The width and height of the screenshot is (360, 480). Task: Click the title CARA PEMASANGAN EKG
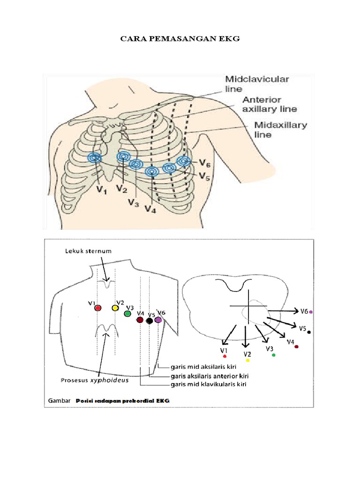click(180, 39)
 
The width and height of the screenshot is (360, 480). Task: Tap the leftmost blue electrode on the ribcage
click(95, 158)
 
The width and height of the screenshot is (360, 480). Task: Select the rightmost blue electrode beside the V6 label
click(184, 161)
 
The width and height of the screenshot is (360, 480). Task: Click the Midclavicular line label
click(257, 83)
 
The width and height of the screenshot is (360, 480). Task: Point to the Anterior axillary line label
click(270, 104)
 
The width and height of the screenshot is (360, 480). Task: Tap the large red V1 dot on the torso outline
click(97, 308)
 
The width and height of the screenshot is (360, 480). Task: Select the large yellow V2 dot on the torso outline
click(115, 308)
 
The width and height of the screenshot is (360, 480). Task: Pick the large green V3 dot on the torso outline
click(127, 314)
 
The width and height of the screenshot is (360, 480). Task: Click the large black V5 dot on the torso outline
click(149, 321)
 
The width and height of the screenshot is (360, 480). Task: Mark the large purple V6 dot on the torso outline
click(158, 320)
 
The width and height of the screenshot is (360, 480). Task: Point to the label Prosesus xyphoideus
click(94, 381)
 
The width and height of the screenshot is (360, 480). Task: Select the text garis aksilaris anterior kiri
click(209, 375)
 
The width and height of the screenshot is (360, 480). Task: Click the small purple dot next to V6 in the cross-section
click(311, 312)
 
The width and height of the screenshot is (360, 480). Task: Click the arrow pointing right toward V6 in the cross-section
click(284, 311)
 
